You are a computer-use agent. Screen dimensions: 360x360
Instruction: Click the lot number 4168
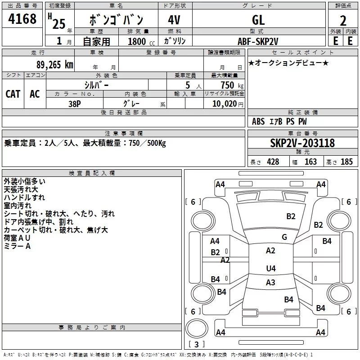tap(22, 19)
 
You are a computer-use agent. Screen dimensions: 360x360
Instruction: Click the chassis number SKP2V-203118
tap(302, 143)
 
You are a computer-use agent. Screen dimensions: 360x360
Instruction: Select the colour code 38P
tap(75, 103)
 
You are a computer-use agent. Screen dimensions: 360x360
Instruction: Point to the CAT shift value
tap(13, 94)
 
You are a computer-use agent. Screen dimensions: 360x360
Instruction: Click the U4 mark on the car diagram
tap(270, 269)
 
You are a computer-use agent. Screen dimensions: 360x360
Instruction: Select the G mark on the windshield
tap(284, 237)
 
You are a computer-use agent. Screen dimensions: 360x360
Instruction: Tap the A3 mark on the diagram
tap(270, 283)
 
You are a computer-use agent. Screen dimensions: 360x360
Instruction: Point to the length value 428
tap(273, 162)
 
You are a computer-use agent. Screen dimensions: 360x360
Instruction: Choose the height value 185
tap(346, 162)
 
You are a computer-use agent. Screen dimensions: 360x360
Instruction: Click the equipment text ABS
tap(258, 121)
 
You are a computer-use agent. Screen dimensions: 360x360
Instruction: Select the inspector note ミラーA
tap(17, 246)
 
